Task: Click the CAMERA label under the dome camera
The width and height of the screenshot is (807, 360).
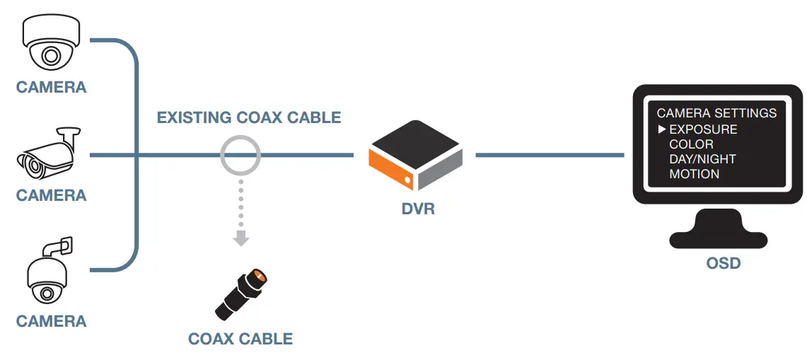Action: click(51, 88)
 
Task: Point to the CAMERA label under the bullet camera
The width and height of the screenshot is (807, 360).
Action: click(51, 195)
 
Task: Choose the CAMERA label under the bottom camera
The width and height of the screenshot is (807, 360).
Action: click(51, 322)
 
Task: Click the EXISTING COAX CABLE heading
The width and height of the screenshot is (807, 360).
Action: click(249, 117)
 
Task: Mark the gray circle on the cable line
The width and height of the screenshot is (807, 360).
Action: click(240, 154)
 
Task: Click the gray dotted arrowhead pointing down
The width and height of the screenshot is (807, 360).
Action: click(241, 238)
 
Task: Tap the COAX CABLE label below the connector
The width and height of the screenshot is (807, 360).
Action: click(240, 339)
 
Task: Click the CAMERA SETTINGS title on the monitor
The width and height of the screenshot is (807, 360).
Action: click(716, 113)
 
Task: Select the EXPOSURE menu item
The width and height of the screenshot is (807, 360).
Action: click(703, 129)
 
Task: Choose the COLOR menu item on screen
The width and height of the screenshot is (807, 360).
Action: click(691, 144)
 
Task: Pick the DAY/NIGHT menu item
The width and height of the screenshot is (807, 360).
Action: click(702, 159)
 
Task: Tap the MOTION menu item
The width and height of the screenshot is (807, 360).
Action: click(694, 174)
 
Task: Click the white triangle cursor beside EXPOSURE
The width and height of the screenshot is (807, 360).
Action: click(662, 129)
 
